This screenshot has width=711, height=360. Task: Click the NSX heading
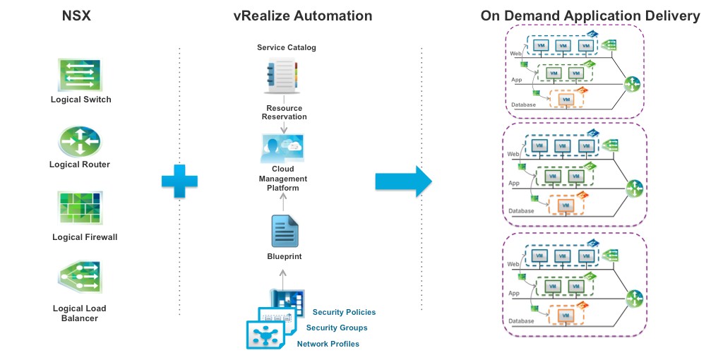[79, 16]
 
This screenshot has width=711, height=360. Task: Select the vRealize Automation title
[302, 16]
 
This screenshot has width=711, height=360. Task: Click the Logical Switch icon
[80, 75]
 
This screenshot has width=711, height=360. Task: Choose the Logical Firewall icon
[80, 209]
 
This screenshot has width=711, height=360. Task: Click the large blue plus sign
[179, 181]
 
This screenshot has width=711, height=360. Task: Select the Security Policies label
[344, 312]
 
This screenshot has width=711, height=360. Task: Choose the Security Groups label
[337, 328]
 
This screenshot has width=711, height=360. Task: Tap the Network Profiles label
[328, 344]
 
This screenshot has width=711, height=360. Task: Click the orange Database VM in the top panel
[565, 100]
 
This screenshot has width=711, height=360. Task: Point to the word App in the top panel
[516, 80]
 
